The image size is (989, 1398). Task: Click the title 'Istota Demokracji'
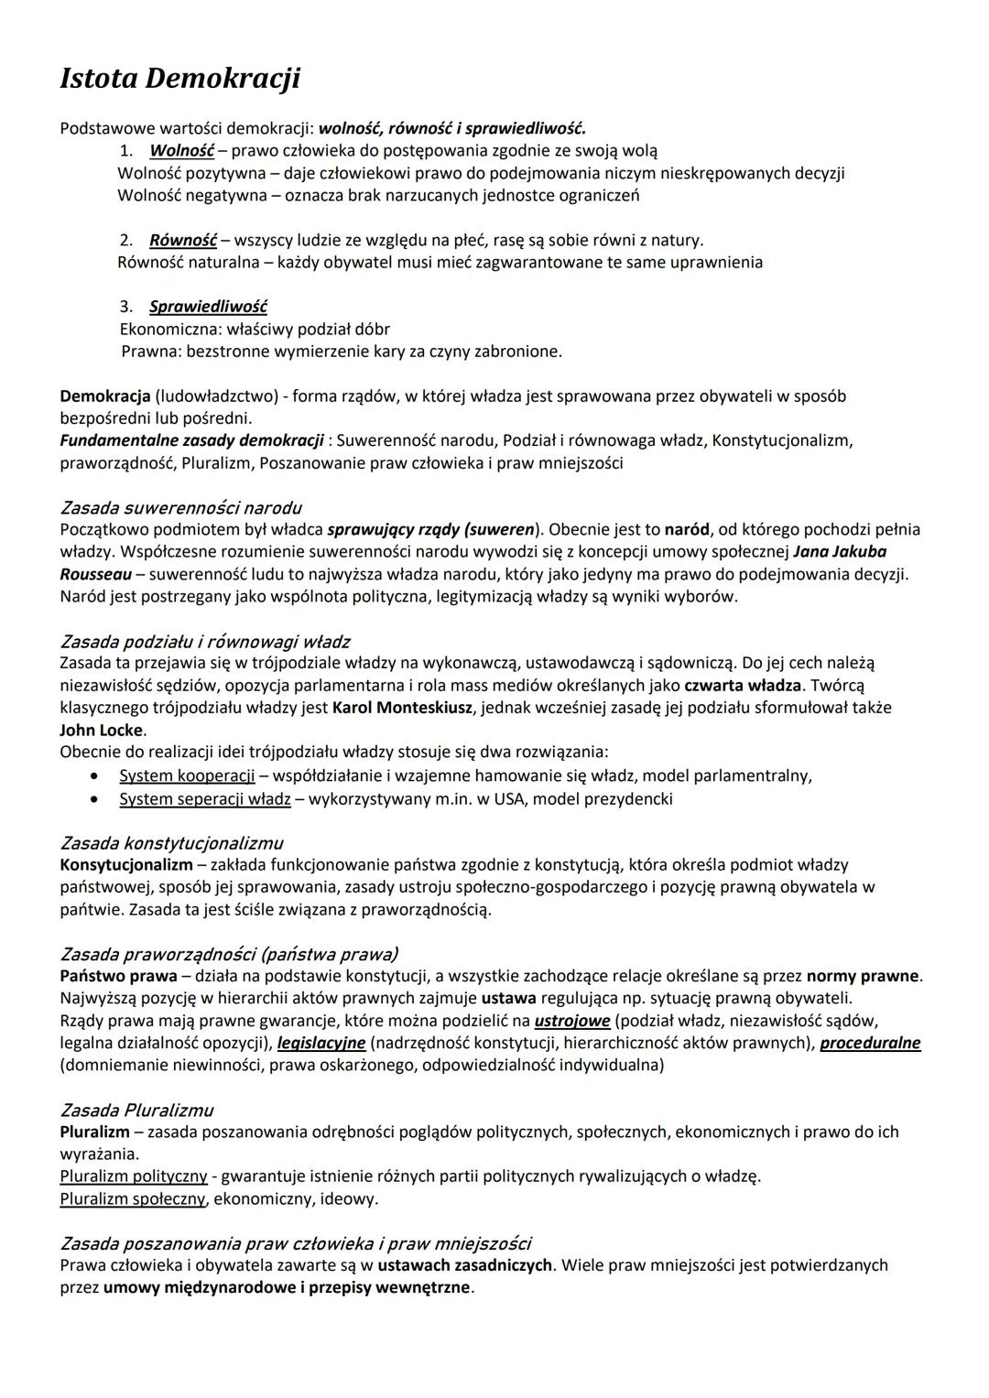tap(179, 79)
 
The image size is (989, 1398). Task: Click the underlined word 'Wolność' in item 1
tap(181, 150)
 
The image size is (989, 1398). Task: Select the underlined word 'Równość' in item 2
tap(182, 240)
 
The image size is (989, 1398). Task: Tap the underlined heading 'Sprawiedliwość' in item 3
tap(208, 307)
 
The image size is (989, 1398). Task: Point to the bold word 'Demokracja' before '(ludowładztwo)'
tap(104, 396)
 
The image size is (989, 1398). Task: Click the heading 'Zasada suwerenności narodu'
tap(180, 507)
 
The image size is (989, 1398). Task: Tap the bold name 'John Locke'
tap(102, 730)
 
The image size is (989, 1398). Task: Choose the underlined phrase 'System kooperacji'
tap(187, 775)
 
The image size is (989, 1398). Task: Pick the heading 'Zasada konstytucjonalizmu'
tap(171, 842)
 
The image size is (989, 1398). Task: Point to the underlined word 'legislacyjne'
tap(321, 1043)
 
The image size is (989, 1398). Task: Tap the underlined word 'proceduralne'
tap(870, 1043)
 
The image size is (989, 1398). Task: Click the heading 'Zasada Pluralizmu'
tap(136, 1110)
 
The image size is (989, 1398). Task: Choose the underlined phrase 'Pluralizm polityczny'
tap(134, 1176)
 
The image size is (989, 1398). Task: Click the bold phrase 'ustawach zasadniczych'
tap(464, 1265)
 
